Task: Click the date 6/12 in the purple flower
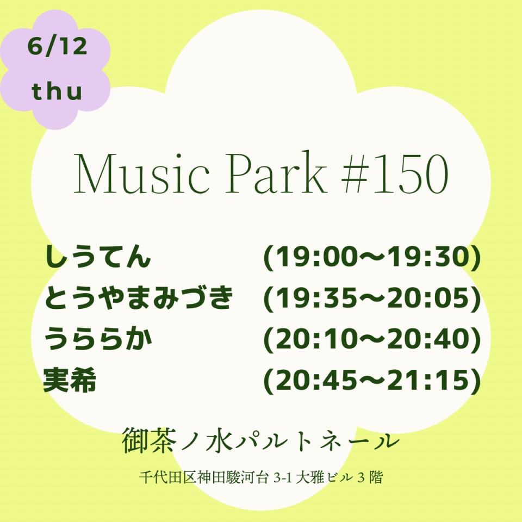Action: pyautogui.click(x=57, y=46)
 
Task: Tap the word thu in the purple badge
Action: pyautogui.click(x=57, y=91)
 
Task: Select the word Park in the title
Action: pyautogui.click(x=276, y=172)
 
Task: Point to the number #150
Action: pyautogui.click(x=395, y=173)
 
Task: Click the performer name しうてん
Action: pyautogui.click(x=97, y=256)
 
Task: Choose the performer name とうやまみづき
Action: pyautogui.click(x=138, y=297)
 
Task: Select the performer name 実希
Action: pyautogui.click(x=70, y=380)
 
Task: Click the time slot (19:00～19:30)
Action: pyautogui.click(x=372, y=257)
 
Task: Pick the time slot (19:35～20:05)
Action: pyautogui.click(x=372, y=297)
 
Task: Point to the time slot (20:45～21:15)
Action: pyautogui.click(x=372, y=380)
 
